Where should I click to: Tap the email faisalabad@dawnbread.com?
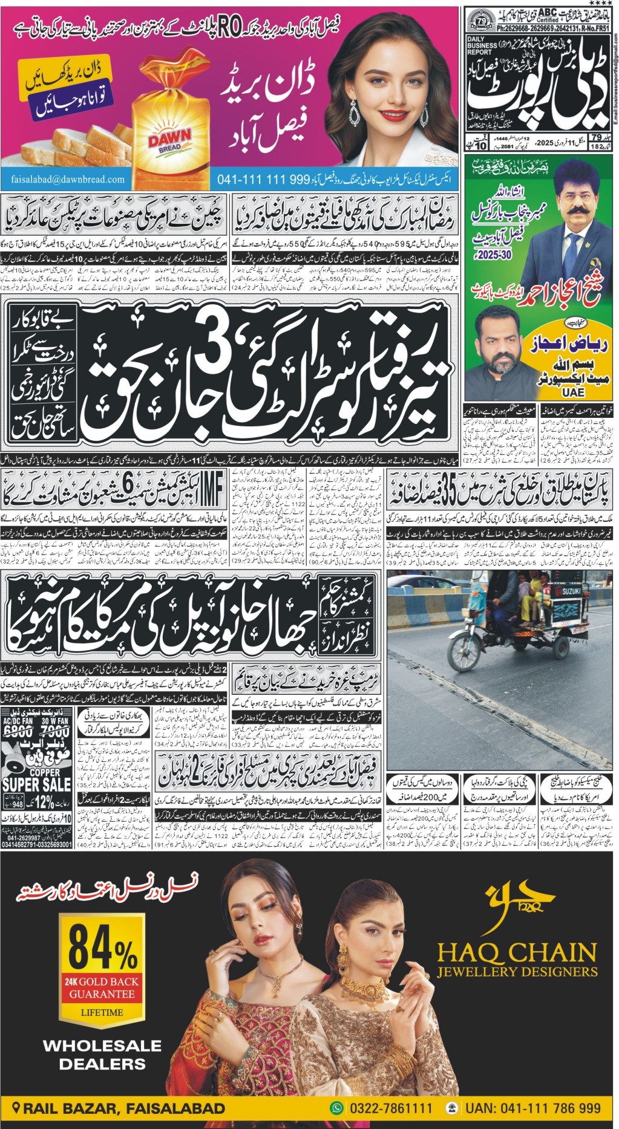[67, 179]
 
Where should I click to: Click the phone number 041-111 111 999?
[263, 180]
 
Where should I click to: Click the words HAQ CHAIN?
[516, 954]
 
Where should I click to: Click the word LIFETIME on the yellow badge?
[102, 1012]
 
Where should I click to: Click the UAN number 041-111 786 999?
[532, 1108]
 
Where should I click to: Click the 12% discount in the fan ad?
[44, 802]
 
